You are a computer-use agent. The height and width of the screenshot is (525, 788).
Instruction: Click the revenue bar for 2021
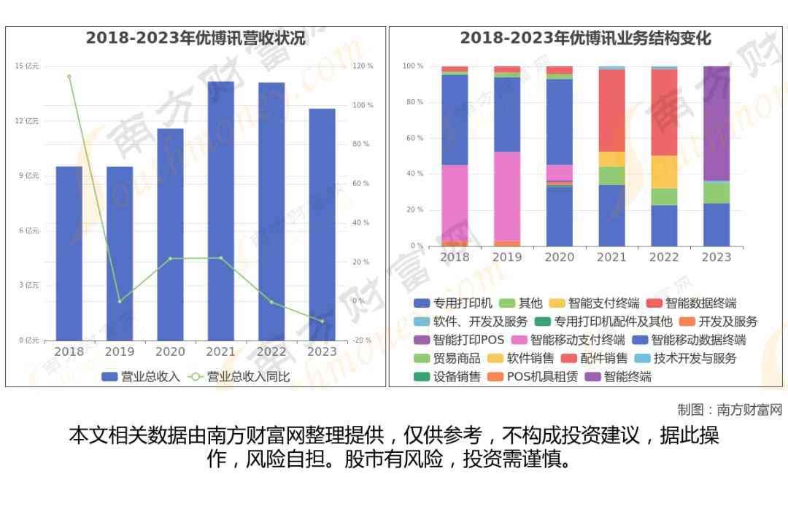pos(220,211)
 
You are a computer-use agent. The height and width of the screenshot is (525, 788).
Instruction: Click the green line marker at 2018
pos(69,77)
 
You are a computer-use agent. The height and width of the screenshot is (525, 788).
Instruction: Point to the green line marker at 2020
pos(170,259)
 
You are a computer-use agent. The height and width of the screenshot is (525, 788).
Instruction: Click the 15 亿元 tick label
pos(28,66)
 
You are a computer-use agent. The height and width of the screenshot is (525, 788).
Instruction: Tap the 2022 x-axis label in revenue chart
pos(271,351)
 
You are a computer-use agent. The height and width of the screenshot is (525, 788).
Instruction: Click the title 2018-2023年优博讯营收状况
pos(196,38)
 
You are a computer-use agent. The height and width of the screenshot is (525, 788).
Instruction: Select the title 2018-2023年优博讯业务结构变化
pos(585,38)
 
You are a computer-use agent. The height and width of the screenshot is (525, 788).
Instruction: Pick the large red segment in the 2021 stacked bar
pos(611,110)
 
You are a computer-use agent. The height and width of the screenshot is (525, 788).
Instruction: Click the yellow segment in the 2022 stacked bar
pos(664,172)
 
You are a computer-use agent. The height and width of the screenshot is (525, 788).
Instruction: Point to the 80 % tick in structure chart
pos(414,102)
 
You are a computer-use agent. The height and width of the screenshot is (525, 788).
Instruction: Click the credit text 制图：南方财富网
pos(729,410)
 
